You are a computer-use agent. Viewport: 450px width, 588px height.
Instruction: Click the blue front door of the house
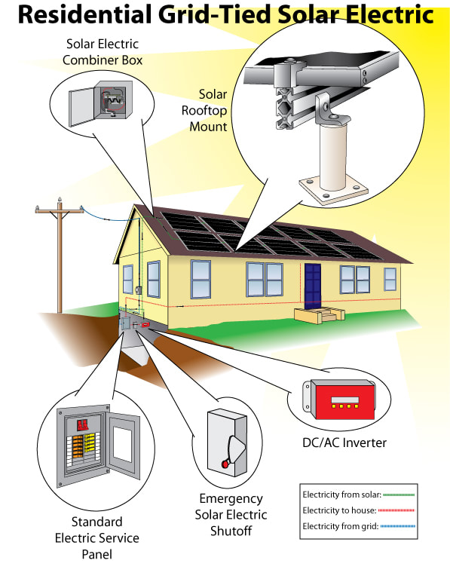312,286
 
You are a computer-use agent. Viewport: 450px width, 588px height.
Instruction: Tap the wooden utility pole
60,259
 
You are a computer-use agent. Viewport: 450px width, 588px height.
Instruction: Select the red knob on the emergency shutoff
225,464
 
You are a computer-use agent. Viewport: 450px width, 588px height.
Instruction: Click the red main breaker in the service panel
82,425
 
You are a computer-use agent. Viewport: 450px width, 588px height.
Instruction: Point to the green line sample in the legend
399,495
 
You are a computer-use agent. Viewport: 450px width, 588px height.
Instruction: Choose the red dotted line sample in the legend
396,510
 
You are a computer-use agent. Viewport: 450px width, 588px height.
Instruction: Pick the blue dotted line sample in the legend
398,526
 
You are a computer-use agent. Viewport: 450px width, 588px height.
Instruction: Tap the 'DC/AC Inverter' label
344,443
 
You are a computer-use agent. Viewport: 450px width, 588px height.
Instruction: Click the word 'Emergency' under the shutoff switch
231,499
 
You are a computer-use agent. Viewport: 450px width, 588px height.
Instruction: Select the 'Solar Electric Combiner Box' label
103,52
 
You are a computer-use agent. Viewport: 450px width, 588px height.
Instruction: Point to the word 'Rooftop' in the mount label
204,111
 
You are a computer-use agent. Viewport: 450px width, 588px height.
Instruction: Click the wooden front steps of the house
319,314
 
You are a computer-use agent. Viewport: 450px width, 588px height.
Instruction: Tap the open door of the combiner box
81,107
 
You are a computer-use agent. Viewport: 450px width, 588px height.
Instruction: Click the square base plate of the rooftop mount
333,191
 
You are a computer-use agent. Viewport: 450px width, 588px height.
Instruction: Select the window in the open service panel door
122,444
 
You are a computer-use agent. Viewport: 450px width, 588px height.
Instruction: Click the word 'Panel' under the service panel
96,554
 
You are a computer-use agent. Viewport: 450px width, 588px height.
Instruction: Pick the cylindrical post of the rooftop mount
333,157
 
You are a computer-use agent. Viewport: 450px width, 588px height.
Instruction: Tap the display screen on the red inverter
345,400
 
